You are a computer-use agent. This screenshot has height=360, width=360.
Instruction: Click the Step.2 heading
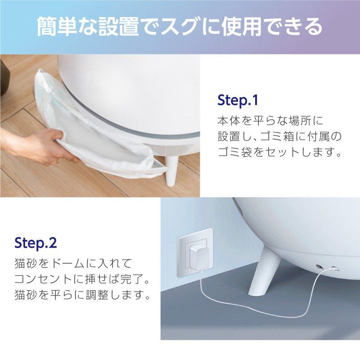(35, 243)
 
